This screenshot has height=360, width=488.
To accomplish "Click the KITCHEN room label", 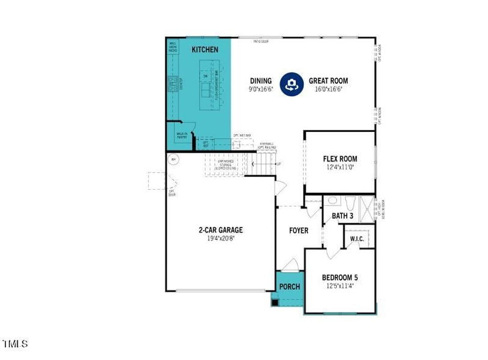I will [205, 49].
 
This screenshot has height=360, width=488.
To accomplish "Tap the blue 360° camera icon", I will [292, 84].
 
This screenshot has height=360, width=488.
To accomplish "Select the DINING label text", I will [260, 81].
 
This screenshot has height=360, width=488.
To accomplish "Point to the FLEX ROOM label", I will [340, 159].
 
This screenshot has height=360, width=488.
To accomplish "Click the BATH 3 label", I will [342, 215].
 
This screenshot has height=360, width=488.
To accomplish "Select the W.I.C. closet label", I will [357, 239].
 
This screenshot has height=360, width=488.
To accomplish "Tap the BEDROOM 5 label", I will [340, 278].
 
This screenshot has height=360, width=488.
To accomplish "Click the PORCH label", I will [290, 287].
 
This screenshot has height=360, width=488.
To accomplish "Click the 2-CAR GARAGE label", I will [220, 230].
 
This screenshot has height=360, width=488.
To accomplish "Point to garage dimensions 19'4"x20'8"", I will [220, 238].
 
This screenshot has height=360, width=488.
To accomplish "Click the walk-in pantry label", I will [182, 136].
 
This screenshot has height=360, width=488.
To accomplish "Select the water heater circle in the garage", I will [173, 160].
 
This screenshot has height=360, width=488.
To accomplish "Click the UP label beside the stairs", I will [279, 164].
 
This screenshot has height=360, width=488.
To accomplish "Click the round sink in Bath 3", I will [332, 201].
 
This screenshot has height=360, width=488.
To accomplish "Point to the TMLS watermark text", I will [15, 344].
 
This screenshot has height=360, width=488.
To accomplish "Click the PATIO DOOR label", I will [262, 41].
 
